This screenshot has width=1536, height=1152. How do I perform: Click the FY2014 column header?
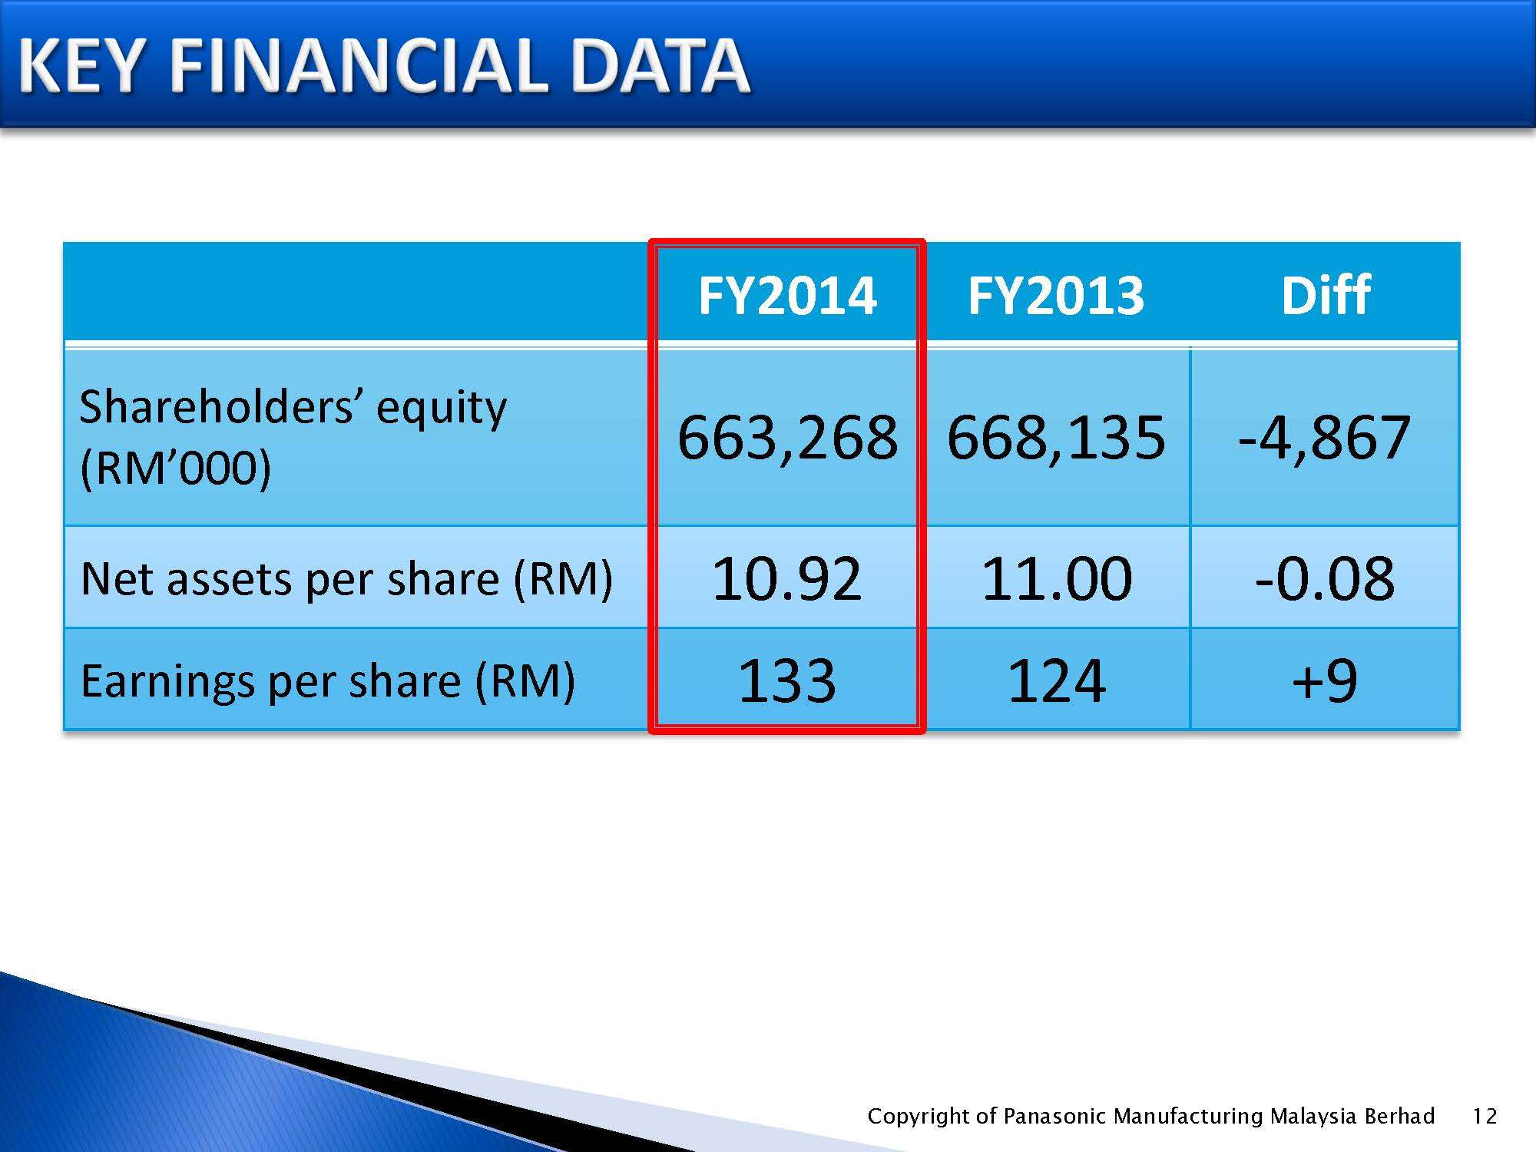click(x=787, y=295)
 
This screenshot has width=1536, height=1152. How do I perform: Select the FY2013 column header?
click(x=1056, y=295)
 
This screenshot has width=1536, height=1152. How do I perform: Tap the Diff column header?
click(x=1326, y=295)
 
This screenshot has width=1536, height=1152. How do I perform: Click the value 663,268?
click(x=787, y=437)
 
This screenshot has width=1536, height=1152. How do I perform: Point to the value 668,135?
click(x=1056, y=437)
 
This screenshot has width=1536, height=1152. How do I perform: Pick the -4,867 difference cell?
click(x=1324, y=437)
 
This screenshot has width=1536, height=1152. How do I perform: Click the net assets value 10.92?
click(x=787, y=578)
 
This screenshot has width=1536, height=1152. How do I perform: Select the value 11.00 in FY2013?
click(x=1057, y=578)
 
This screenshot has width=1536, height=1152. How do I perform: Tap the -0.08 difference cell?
click(x=1325, y=578)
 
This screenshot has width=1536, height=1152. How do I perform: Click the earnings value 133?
click(x=787, y=680)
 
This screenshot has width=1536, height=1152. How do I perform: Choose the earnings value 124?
click(x=1057, y=680)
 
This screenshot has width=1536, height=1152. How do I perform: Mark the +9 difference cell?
click(x=1325, y=680)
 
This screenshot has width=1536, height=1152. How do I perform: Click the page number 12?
click(x=1485, y=1116)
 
